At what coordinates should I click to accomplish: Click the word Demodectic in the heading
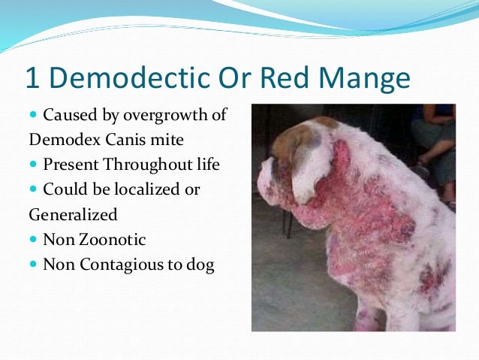click(x=123, y=78)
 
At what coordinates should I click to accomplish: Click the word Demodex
click(x=61, y=141)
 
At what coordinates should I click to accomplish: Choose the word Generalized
click(x=73, y=215)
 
